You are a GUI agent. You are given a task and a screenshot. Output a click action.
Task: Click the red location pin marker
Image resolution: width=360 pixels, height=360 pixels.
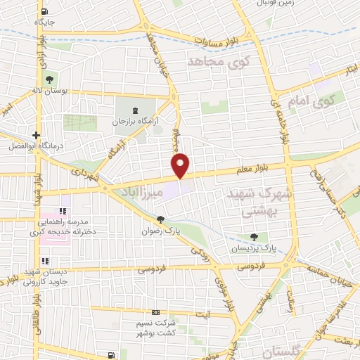pyautogui.click(x=181, y=165)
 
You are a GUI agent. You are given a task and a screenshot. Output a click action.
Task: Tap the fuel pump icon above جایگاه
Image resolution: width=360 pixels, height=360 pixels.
pyautogui.click(x=46, y=11)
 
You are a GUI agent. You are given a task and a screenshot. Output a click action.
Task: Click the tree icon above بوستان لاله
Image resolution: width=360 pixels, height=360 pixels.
pyautogui.click(x=49, y=78)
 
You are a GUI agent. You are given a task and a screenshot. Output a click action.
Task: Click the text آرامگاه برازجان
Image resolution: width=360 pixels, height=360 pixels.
pyautogui.click(x=136, y=122)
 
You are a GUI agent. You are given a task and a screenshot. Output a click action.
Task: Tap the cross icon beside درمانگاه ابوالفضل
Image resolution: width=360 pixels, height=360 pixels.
pyautogui.click(x=36, y=134)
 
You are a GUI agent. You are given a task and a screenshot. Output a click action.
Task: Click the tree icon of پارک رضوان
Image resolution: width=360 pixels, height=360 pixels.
pyautogui.click(x=161, y=219)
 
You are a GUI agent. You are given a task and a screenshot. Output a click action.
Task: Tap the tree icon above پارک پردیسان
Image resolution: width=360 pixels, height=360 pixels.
pyautogui.click(x=254, y=237)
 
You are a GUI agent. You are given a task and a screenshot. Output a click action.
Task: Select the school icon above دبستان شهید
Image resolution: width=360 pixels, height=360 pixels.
pyautogui.click(x=64, y=262)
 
